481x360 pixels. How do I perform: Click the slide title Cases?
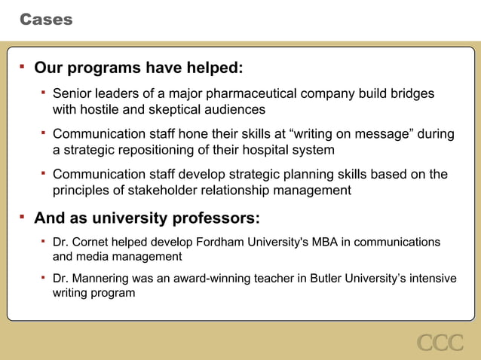(x=46, y=20)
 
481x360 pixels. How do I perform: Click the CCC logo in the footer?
(x=440, y=343)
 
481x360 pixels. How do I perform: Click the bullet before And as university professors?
(x=22, y=218)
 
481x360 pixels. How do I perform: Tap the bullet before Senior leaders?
(x=44, y=93)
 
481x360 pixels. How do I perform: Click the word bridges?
(x=410, y=94)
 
